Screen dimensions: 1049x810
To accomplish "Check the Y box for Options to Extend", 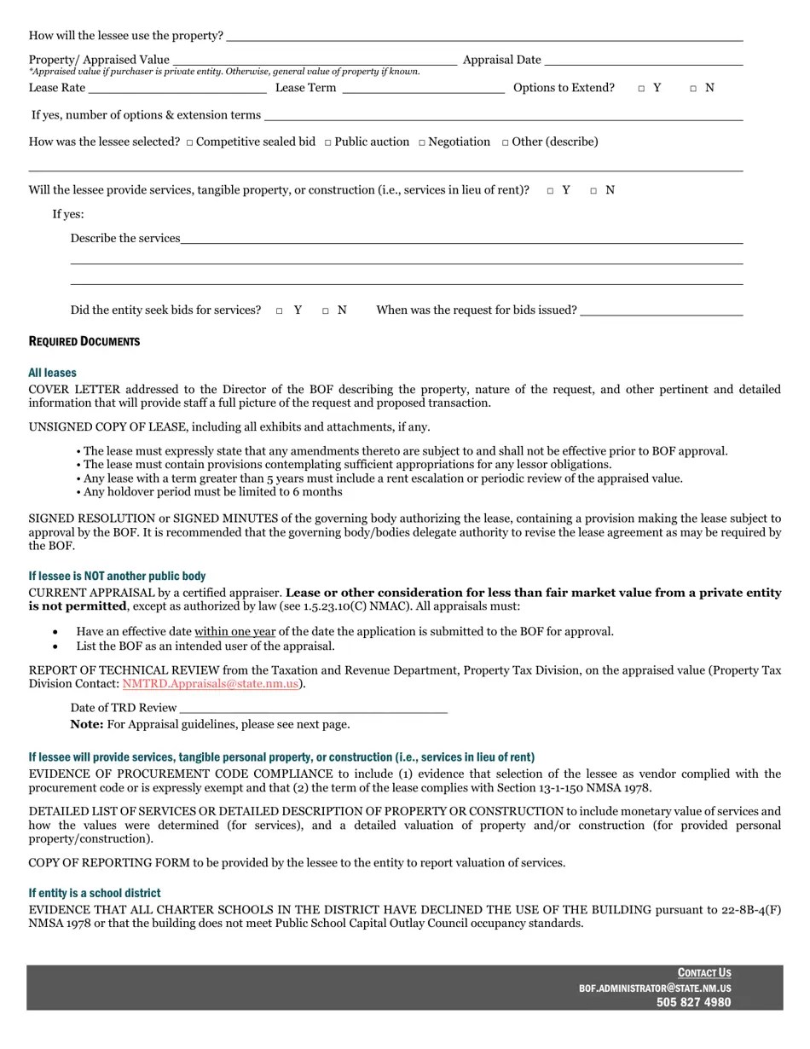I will click(x=641, y=89).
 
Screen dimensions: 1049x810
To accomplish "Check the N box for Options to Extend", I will click(x=693, y=89).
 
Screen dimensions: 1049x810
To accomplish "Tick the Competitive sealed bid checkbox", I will click(x=189, y=142).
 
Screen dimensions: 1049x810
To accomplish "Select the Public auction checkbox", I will click(x=327, y=142).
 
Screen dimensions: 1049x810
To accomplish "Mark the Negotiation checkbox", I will click(x=421, y=142).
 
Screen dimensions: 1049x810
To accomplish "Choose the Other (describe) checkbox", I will click(x=505, y=142).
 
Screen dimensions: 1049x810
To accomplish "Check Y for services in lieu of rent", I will click(x=550, y=191).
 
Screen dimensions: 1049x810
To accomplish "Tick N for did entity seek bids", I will click(x=326, y=311).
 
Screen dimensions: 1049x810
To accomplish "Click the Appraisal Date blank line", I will click(x=643, y=61).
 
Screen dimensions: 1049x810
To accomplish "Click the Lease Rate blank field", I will click(x=177, y=89).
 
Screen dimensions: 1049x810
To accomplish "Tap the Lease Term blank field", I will click(x=423, y=89).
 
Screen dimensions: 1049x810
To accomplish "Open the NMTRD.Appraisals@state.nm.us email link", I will click(x=210, y=684).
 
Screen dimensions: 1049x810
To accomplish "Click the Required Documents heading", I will click(x=84, y=342).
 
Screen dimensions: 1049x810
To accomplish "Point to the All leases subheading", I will click(x=52, y=373).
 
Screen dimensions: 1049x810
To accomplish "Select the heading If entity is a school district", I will click(x=94, y=893).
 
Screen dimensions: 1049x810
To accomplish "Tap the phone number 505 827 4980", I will click(x=693, y=1003).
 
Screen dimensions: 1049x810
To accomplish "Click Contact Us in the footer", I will click(x=704, y=973).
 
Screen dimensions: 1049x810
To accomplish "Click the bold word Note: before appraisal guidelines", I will click(x=87, y=725).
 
